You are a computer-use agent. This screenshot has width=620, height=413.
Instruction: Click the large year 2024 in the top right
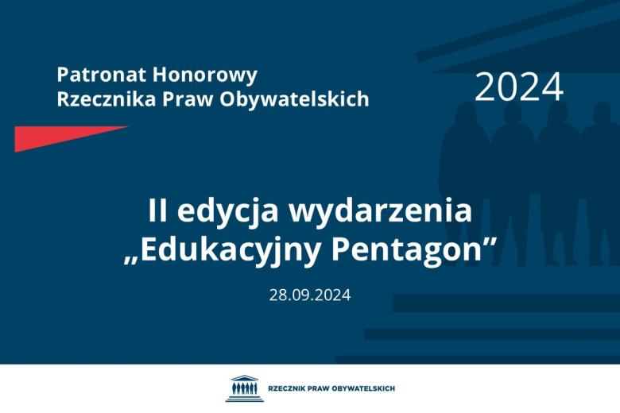pyautogui.click(x=518, y=87)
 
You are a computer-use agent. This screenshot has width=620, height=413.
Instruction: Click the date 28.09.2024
pyautogui.click(x=310, y=295)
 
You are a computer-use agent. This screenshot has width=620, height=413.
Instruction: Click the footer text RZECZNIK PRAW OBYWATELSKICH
pyautogui.click(x=331, y=388)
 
